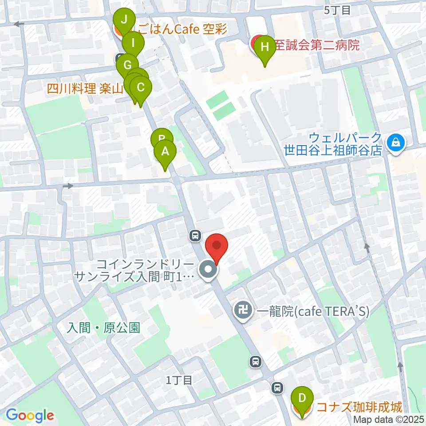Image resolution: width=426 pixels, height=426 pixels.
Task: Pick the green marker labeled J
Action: pyautogui.click(x=124, y=20)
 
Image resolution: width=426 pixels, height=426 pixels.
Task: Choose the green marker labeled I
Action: pyautogui.click(x=133, y=43)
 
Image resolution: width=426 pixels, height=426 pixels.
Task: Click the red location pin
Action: pyautogui.click(x=217, y=246)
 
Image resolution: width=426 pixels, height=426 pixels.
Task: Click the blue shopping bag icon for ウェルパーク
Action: pyautogui.click(x=394, y=142)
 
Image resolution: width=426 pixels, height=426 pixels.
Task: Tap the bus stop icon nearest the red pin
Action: pyautogui.click(x=195, y=236)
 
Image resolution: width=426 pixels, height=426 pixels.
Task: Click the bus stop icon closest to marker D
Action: pyautogui.click(x=277, y=387)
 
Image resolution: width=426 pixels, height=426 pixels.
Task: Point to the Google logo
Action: pyautogui.click(x=30, y=415)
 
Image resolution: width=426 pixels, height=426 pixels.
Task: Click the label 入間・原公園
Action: pyautogui.click(x=103, y=328)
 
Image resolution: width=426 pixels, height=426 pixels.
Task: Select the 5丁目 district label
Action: pyautogui.click(x=337, y=10)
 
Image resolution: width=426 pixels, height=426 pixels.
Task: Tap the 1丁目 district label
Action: pyautogui.click(x=179, y=380)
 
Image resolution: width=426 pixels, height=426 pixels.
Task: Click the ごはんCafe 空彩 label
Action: pyautogui.click(x=182, y=30)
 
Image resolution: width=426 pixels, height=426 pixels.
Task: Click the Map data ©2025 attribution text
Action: pyautogui.click(x=389, y=419)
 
